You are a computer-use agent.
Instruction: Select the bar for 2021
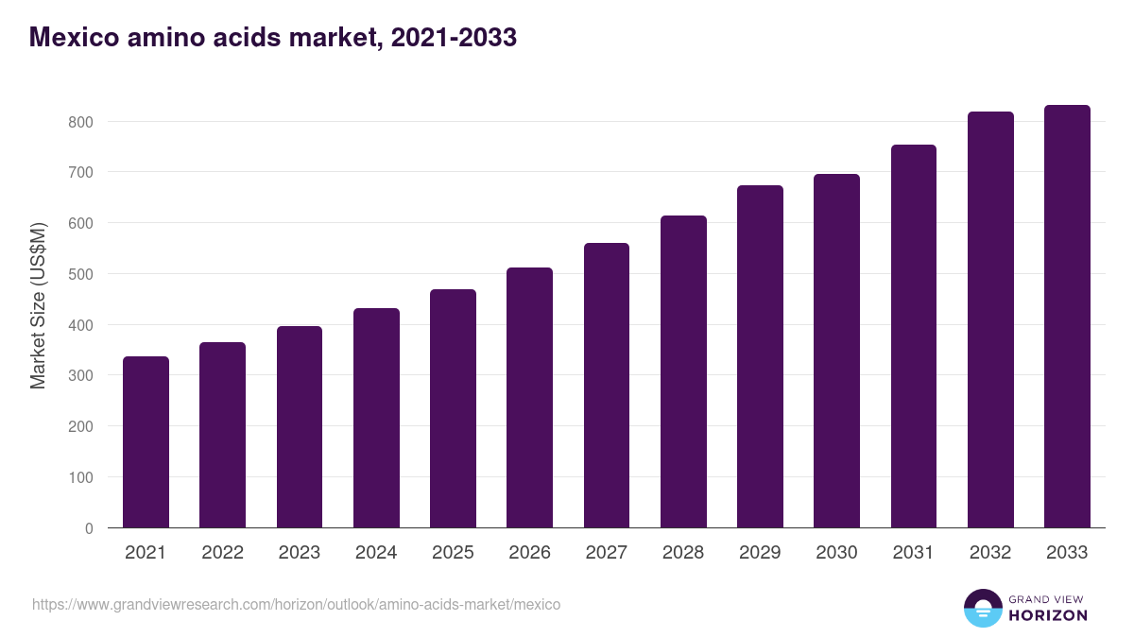(146, 442)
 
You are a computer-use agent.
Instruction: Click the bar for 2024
(376, 418)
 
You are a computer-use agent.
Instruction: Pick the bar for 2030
(836, 351)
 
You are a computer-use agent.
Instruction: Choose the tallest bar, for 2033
(1067, 317)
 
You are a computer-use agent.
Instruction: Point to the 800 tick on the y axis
(80, 122)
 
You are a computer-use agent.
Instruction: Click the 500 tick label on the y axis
(80, 274)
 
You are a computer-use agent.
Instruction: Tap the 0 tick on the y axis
(89, 528)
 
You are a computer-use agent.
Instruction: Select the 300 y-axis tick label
(80, 376)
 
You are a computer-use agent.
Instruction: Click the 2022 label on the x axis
(222, 553)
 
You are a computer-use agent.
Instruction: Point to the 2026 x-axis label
(529, 553)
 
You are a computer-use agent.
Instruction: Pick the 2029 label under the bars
(760, 553)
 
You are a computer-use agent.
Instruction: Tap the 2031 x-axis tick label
(914, 553)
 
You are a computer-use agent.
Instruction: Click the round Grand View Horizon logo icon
(983, 608)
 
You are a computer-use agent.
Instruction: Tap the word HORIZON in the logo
(1048, 615)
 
